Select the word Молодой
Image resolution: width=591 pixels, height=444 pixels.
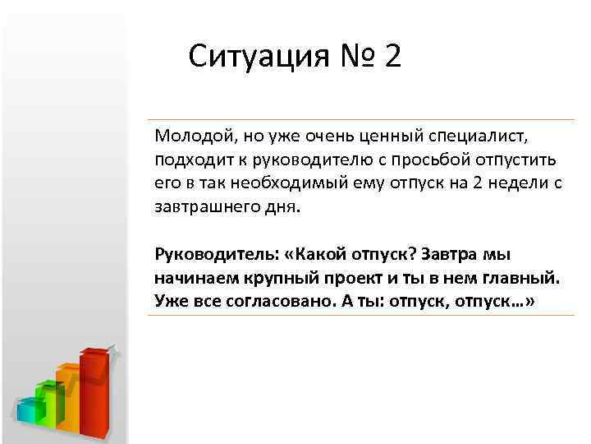188,135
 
